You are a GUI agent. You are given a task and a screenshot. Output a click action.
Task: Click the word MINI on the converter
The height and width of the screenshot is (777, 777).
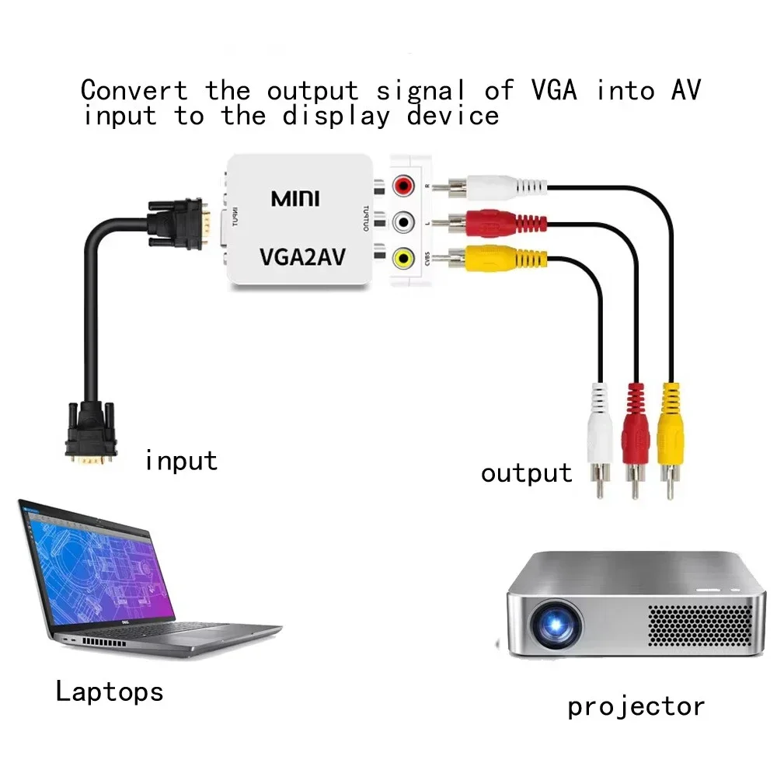click(x=295, y=198)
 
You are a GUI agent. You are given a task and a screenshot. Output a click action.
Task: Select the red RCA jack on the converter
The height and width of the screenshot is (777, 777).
click(x=402, y=187)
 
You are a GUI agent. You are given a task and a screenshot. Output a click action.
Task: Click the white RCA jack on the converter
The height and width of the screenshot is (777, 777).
click(x=402, y=223)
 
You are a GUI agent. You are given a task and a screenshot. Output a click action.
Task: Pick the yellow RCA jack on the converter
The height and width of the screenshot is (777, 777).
click(x=402, y=258)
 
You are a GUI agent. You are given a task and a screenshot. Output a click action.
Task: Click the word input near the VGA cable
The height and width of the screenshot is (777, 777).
click(x=181, y=461)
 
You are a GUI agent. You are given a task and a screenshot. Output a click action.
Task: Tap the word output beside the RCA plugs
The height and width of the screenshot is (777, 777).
click(x=526, y=473)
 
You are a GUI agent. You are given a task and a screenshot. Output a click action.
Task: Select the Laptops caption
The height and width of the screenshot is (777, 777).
click(x=110, y=691)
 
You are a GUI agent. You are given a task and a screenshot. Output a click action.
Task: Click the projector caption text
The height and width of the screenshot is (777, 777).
click(x=636, y=706)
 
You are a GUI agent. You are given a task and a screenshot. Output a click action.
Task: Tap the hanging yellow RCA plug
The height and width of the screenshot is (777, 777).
click(x=671, y=435)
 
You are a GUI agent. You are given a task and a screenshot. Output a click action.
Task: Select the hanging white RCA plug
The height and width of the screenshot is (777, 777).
click(x=600, y=435)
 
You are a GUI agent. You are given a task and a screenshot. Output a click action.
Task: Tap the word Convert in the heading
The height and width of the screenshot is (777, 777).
click(x=134, y=90)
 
